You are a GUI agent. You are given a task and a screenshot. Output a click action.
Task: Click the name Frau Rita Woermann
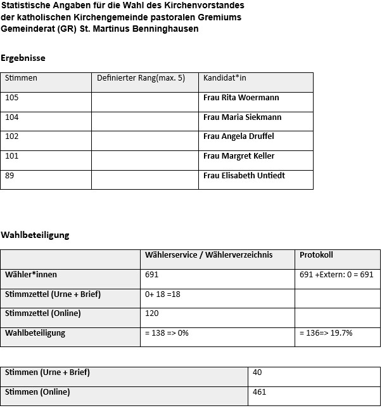241,98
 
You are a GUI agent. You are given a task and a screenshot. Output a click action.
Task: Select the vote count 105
12,98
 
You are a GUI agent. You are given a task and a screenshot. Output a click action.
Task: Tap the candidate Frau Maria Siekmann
242,117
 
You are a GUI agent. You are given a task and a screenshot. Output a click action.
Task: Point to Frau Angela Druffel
238,136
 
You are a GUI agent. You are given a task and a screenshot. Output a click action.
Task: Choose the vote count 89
10,176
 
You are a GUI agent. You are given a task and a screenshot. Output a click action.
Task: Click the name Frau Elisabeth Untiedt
244,176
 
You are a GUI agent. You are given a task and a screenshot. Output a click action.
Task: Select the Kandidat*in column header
224,78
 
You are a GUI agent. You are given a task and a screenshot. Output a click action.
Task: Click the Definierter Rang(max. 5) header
141,78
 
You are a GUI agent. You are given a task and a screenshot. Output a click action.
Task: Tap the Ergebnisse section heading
23,58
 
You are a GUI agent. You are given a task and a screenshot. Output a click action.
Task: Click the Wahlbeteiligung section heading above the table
35,235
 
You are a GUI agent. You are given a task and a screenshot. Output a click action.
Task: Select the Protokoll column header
316,255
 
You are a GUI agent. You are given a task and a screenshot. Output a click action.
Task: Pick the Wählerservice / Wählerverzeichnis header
208,255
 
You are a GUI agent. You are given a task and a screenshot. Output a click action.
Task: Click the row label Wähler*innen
30,275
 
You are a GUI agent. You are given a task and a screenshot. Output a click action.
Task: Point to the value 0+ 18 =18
163,294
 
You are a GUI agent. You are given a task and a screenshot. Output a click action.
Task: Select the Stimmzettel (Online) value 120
152,313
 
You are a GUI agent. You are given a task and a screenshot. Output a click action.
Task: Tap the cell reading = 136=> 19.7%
326,333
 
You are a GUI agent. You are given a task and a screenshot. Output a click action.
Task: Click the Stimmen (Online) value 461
259,392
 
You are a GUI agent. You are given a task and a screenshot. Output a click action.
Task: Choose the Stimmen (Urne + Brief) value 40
257,372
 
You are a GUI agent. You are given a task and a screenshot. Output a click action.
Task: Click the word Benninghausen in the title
161,29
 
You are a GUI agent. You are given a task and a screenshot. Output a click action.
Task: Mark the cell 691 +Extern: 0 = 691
336,275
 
